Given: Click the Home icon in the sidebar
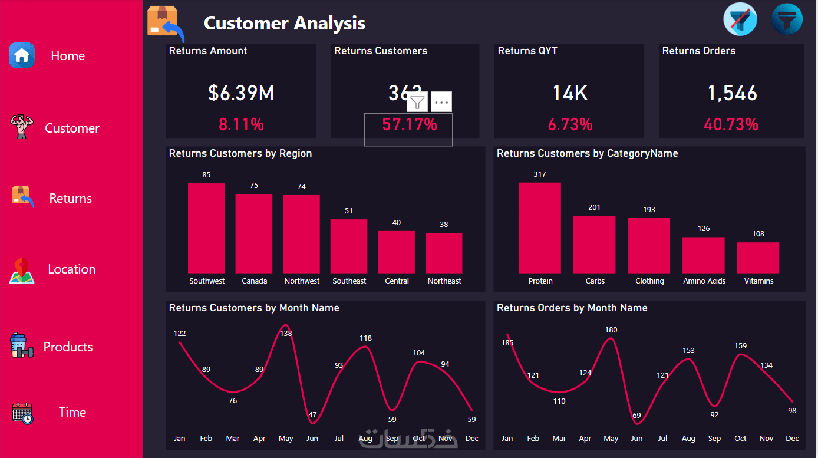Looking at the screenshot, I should coord(22,55).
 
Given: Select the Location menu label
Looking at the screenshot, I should coord(71,269).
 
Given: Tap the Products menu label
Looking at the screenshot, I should coord(68,347).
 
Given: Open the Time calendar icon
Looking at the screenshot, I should coord(22,413).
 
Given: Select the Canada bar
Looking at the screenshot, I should coord(254,233).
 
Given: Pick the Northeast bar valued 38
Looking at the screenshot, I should coord(444,253).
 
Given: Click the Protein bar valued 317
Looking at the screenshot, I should coord(540,228).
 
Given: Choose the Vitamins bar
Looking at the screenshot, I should coord(758,258).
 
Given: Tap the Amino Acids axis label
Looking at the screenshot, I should coord(704,281).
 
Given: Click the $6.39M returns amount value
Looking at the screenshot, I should coord(241,93).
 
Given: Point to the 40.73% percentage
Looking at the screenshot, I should coord(731,124).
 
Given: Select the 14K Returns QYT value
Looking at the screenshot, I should coord(570,93).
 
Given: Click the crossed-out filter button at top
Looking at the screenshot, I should coord(740,19).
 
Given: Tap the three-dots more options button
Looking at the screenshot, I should coord(441,102).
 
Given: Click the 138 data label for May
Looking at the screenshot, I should coord(286,333).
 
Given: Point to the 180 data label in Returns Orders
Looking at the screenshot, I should coord(611,330).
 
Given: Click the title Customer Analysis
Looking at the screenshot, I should coord(285,23).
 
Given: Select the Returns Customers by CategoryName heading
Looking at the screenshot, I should coord(587,153).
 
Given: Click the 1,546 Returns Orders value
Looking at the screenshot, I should coord(733,93).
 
